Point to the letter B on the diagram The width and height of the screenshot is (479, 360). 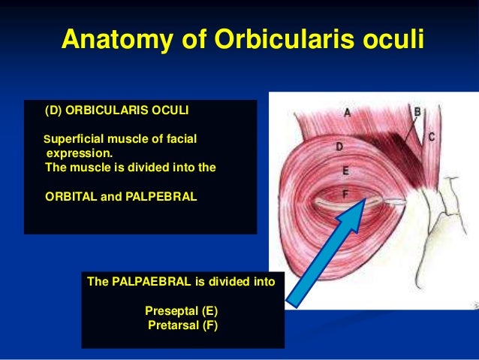418,112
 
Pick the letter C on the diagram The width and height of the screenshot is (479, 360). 432,138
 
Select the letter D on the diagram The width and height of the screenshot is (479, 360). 339,147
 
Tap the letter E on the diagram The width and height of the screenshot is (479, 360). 345,171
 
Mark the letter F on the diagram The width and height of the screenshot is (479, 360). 345,192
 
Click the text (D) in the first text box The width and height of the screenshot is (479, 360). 54,110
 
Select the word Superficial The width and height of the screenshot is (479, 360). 77,138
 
